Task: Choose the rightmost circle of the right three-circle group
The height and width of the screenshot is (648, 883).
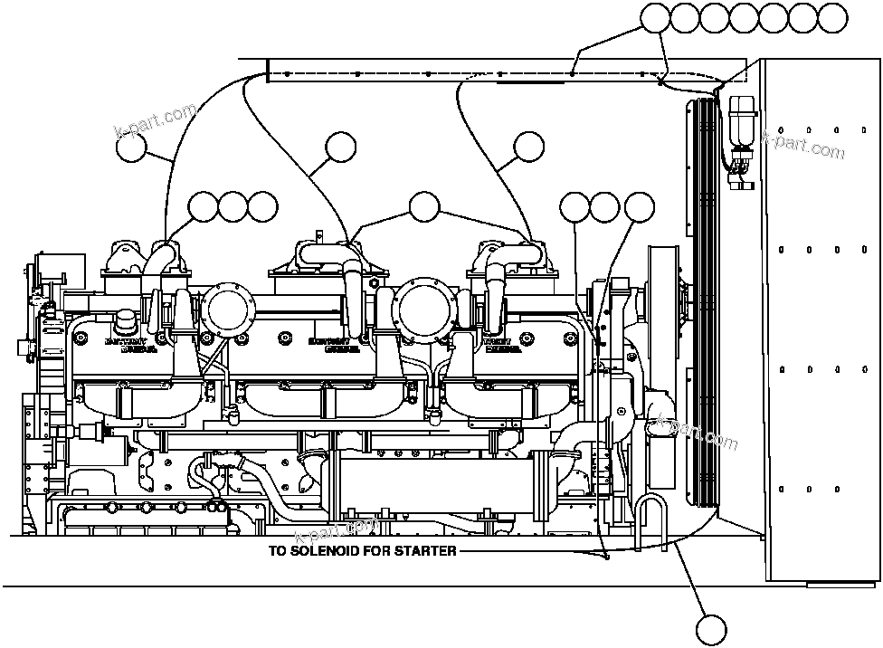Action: [x=640, y=207]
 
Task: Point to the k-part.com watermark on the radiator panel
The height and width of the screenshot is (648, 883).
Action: [x=802, y=142]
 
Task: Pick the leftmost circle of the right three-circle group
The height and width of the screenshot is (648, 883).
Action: [x=575, y=207]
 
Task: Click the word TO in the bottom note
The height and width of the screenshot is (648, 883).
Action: [x=277, y=550]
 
